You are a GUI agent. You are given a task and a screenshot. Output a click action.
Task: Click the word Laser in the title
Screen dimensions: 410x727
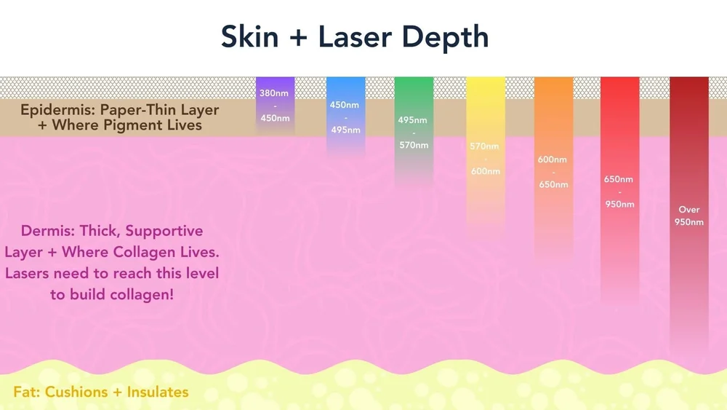point(358,36)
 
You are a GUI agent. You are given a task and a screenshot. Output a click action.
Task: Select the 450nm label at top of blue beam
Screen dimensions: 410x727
point(345,105)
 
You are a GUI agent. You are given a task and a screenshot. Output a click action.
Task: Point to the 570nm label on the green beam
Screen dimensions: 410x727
point(414,145)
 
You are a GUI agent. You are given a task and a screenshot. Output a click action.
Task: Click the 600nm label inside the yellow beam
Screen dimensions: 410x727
point(484,171)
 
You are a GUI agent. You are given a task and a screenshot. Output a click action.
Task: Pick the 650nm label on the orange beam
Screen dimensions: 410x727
point(553,184)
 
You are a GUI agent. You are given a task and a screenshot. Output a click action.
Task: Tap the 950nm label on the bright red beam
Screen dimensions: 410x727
point(619,204)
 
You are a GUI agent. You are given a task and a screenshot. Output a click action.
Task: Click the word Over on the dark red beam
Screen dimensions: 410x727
point(688,210)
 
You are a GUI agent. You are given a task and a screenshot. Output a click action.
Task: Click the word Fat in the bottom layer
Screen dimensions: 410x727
point(26,392)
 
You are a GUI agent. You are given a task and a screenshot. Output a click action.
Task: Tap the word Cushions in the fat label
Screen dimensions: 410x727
point(76,392)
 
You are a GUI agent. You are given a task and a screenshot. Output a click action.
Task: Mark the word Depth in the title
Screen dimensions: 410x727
point(452,36)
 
